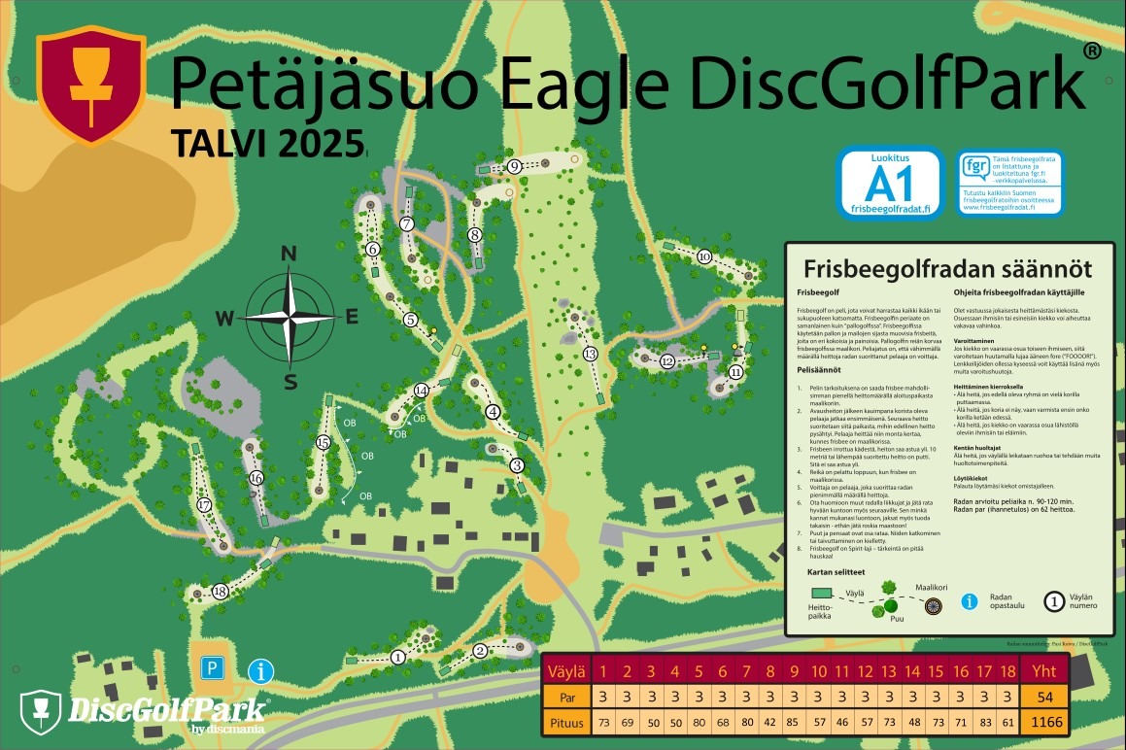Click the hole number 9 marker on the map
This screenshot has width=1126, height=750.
click(x=514, y=166)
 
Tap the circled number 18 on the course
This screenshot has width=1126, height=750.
click(x=220, y=592)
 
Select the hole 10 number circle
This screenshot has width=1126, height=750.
click(x=704, y=256)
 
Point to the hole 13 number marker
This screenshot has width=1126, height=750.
click(x=590, y=354)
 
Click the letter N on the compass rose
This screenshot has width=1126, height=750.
click(x=289, y=255)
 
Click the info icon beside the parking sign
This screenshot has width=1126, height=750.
click(x=260, y=670)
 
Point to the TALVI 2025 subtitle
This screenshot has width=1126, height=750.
click(x=267, y=143)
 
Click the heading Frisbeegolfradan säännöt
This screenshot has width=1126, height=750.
click(x=947, y=268)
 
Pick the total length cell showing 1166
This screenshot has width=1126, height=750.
click(x=1044, y=722)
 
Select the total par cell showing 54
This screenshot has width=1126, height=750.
click(x=1044, y=697)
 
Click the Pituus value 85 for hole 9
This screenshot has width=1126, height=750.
click(x=794, y=722)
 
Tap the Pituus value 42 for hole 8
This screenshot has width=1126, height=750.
click(x=769, y=722)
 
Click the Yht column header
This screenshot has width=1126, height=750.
click(x=1044, y=670)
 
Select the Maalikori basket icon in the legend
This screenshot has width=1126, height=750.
click(x=933, y=606)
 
